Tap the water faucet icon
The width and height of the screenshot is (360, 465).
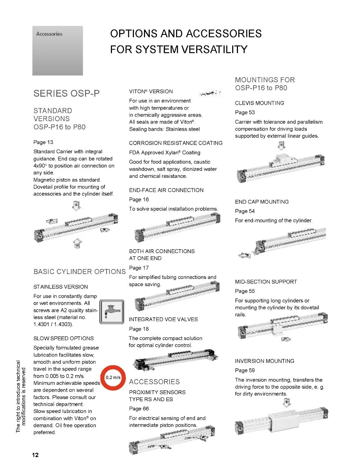(x=112, y=311)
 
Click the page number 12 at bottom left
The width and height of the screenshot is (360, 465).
(x=35, y=455)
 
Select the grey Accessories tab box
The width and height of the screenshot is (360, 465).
(x=58, y=51)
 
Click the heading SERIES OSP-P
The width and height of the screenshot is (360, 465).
(x=66, y=94)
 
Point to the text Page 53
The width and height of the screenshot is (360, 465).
(x=245, y=112)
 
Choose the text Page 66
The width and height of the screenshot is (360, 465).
(x=139, y=409)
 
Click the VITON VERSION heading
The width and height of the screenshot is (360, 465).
(x=151, y=91)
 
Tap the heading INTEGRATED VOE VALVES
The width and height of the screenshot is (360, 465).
(x=163, y=319)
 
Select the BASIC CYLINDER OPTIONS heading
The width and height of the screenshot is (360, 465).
(x=80, y=272)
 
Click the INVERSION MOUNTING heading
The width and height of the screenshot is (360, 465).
(x=265, y=361)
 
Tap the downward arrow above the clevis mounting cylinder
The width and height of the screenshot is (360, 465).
(x=282, y=145)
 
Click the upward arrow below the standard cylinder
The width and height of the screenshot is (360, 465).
(x=77, y=243)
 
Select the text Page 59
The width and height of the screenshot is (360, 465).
(x=245, y=370)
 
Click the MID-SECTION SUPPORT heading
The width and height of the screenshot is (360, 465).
(x=266, y=282)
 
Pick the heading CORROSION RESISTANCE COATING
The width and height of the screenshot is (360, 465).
(x=176, y=143)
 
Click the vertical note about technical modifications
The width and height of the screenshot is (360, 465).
(x=21, y=397)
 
